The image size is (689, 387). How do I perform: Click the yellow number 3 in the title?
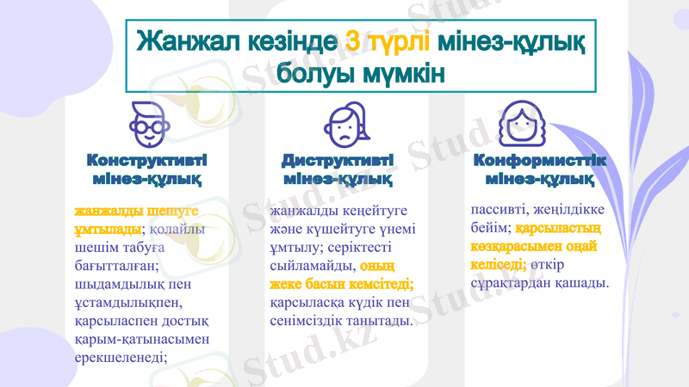(353, 41)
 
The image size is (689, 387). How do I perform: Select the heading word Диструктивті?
(338, 161)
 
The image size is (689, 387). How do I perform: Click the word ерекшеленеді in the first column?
(121, 358)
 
